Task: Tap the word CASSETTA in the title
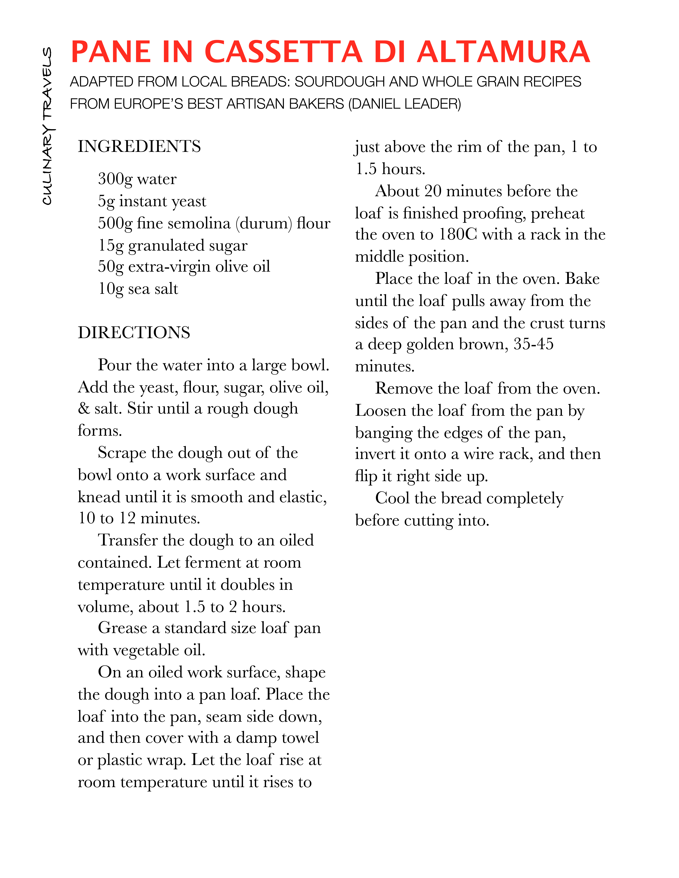click(x=283, y=52)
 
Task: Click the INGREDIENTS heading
click(x=139, y=146)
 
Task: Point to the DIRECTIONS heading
click(x=134, y=332)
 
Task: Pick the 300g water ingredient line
click(x=137, y=179)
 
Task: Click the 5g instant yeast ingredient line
click(x=152, y=201)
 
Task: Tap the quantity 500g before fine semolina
click(x=115, y=223)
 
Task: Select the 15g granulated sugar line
click(x=173, y=245)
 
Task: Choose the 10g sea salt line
click(x=138, y=289)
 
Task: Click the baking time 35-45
click(x=533, y=344)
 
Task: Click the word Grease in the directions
click(x=122, y=628)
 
